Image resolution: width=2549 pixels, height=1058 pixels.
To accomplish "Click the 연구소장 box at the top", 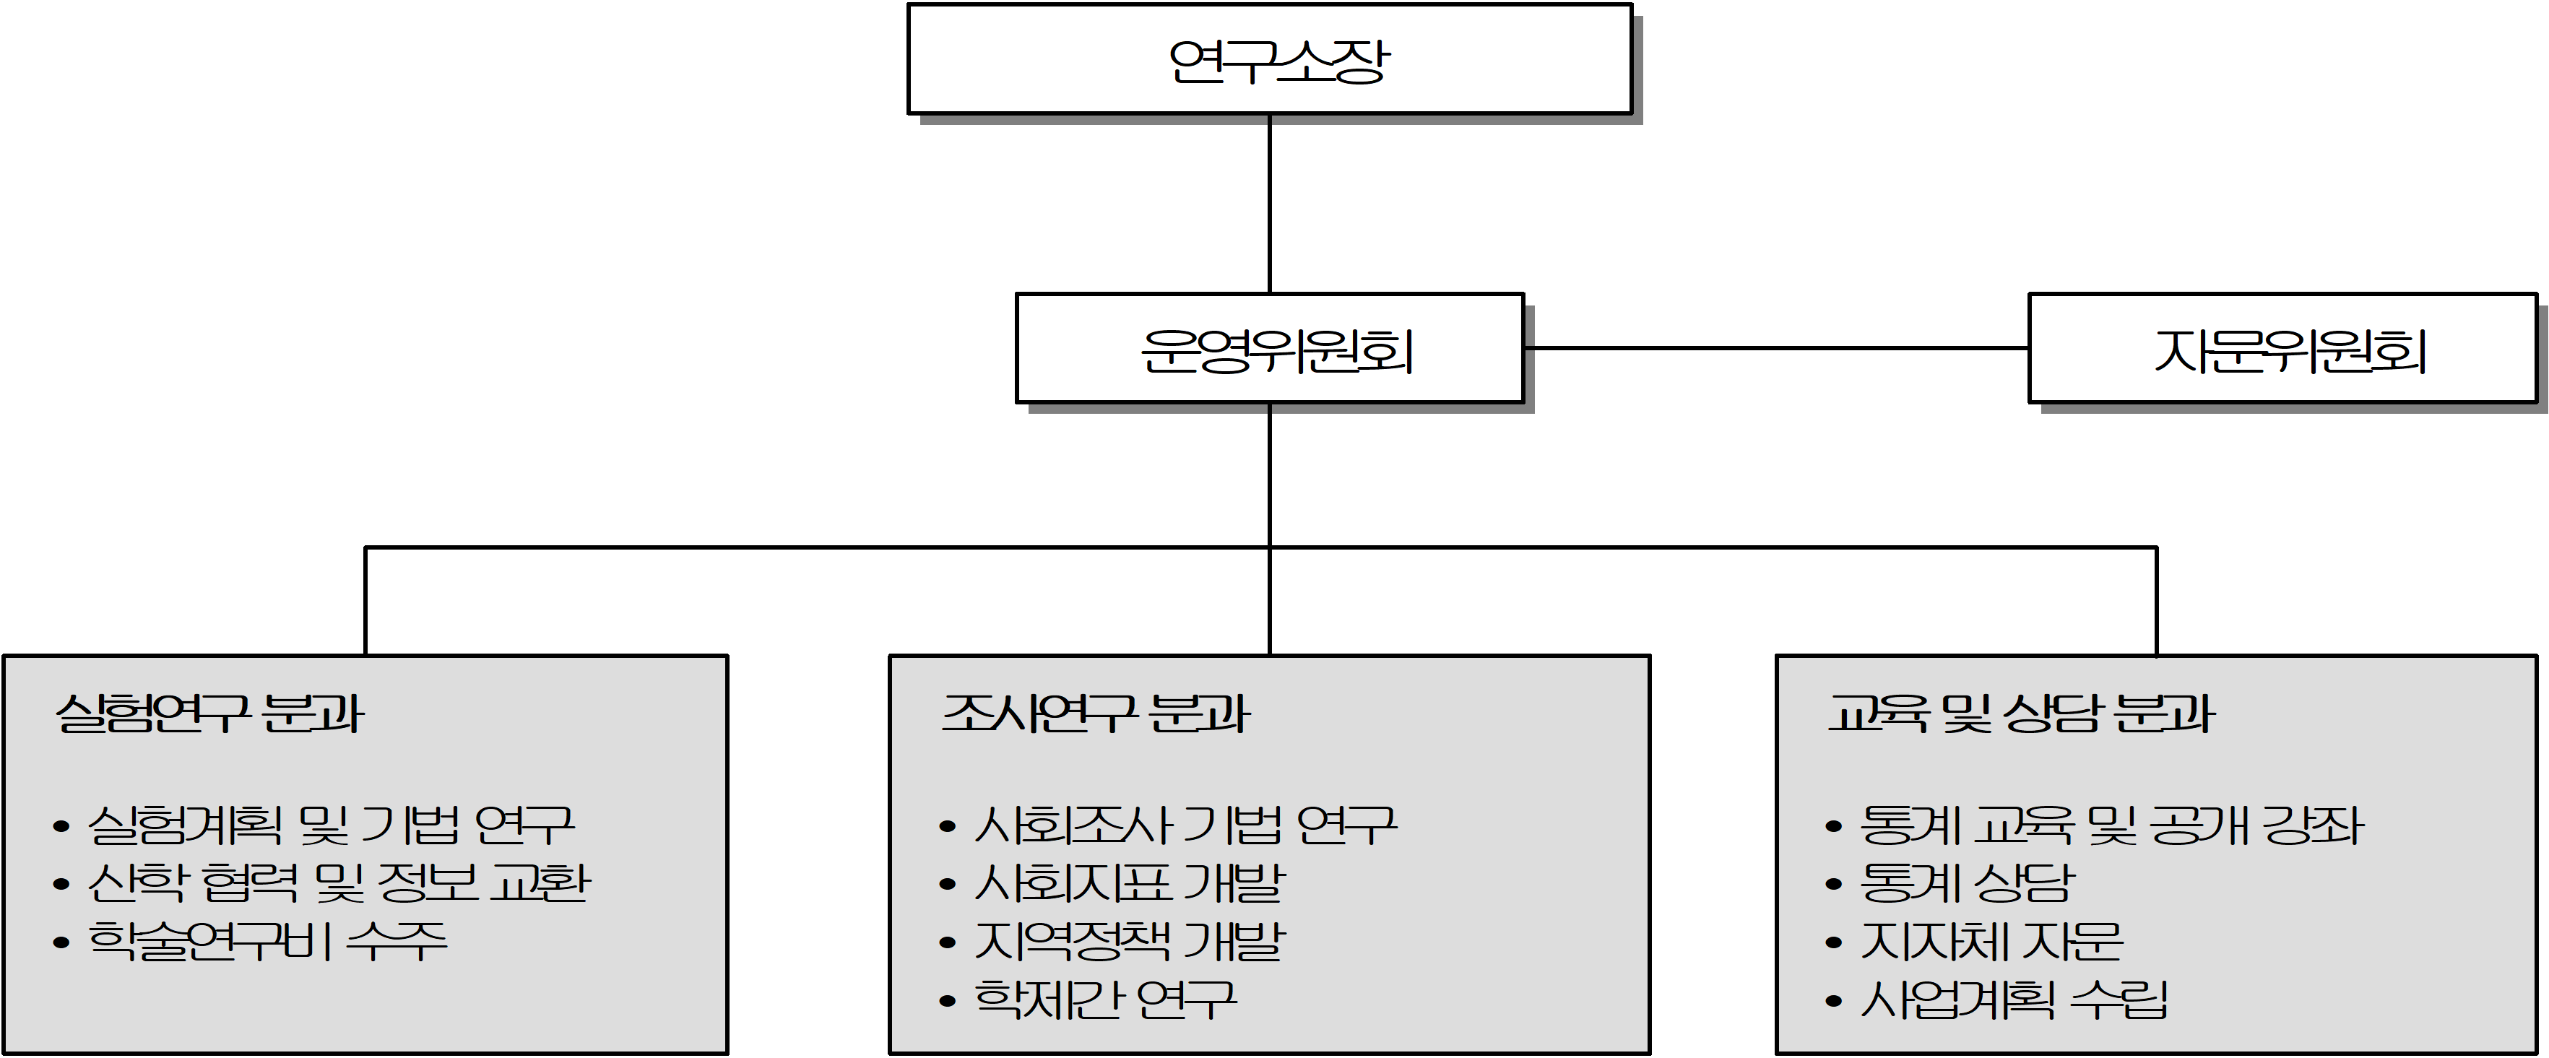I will (1270, 59).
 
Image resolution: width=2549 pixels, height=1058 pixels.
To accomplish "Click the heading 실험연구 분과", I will (209, 714).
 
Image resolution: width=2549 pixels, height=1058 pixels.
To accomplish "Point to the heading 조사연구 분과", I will (1096, 714).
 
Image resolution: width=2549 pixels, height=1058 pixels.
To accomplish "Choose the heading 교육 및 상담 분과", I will (2020, 714).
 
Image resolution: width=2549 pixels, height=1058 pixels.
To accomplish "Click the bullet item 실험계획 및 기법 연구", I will (331, 825).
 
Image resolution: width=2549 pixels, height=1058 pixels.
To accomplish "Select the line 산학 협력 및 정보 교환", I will (339, 883).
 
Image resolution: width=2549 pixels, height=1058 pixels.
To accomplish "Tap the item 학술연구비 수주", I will (267, 940).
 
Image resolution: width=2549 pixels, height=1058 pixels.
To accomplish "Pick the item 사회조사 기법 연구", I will (1185, 825).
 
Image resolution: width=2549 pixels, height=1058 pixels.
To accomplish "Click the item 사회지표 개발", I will (1129, 883).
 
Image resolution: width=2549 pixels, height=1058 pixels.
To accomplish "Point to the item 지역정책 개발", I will (1129, 940).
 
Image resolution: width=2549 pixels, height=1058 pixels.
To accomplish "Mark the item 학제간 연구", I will (1105, 999).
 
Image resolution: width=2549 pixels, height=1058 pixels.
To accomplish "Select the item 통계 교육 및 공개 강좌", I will (2111, 825).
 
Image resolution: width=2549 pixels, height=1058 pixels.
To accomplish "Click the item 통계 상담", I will (1966, 883).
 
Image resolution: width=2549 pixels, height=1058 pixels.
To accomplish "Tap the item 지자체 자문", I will (1991, 940).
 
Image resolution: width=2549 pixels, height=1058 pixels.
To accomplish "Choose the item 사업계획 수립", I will (2014, 999).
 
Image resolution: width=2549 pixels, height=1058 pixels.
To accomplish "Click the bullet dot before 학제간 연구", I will (948, 1002).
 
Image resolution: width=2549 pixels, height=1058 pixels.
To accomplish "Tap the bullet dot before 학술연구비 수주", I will (61, 943).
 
